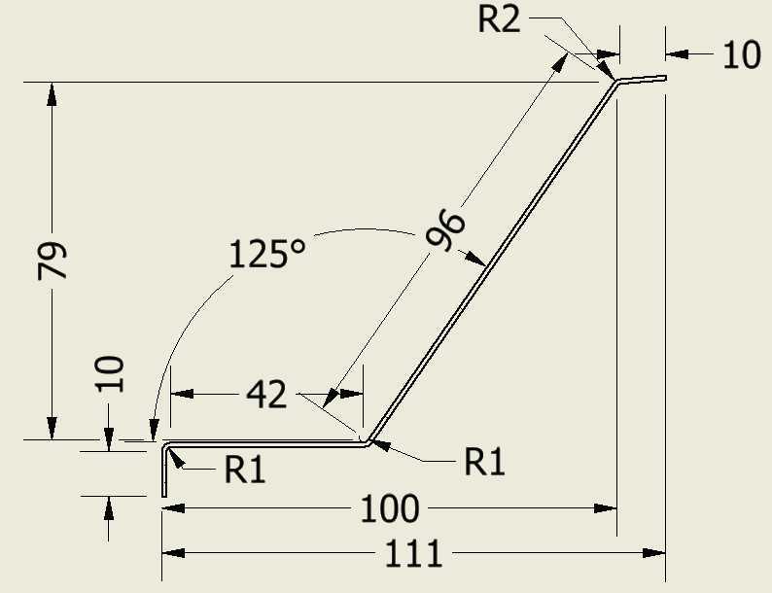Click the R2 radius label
pyautogui.click(x=499, y=19)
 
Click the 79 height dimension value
pyautogui.click(x=53, y=261)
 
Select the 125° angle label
pyautogui.click(x=266, y=254)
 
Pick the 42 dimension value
pyautogui.click(x=266, y=395)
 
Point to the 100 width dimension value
pyautogui.click(x=390, y=508)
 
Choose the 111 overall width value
pyautogui.click(x=412, y=554)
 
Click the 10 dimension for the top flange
pyautogui.click(x=742, y=54)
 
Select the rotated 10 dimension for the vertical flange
pyautogui.click(x=109, y=373)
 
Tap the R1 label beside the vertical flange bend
pyautogui.click(x=245, y=470)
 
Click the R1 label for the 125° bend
pyautogui.click(x=484, y=462)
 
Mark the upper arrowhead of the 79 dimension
pyautogui.click(x=52, y=94)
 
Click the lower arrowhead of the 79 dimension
pyautogui.click(x=52, y=428)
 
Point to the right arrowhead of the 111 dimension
pyautogui.click(x=653, y=553)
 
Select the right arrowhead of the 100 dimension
pyautogui.click(x=606, y=508)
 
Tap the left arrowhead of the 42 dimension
pyautogui.click(x=182, y=394)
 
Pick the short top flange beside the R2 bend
pyautogui.click(x=642, y=79)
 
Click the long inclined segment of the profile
pyautogui.click(x=492, y=261)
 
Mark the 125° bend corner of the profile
pyautogui.click(x=368, y=442)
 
